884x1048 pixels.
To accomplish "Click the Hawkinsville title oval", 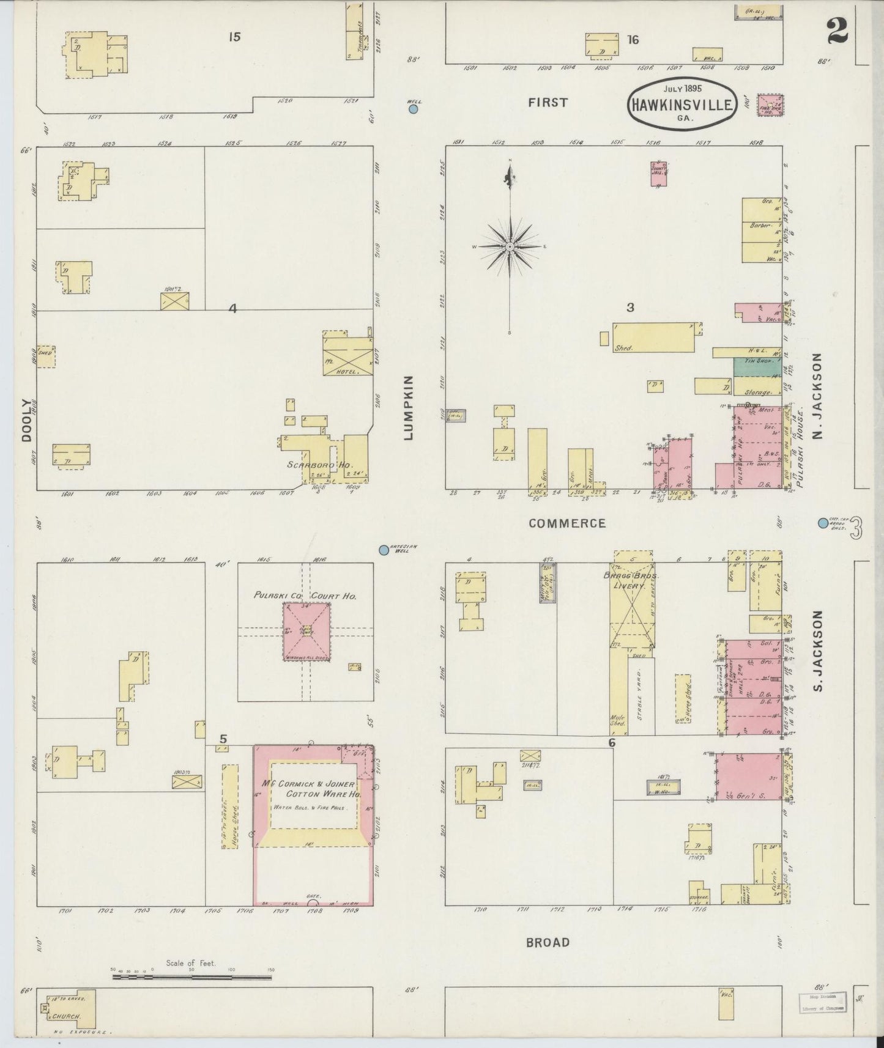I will [680, 103].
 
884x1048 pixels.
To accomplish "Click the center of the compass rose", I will [509, 246].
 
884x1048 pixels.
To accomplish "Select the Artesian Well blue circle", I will [384, 550].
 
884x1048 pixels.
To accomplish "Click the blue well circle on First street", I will [413, 109].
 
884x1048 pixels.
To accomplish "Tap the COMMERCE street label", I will [567, 523].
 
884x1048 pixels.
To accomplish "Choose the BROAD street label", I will [548, 942].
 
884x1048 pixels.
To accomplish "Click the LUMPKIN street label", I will [409, 408].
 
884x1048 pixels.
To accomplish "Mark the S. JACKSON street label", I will [818, 652].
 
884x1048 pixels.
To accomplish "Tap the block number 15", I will [234, 37].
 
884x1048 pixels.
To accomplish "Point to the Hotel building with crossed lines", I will [347, 355].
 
